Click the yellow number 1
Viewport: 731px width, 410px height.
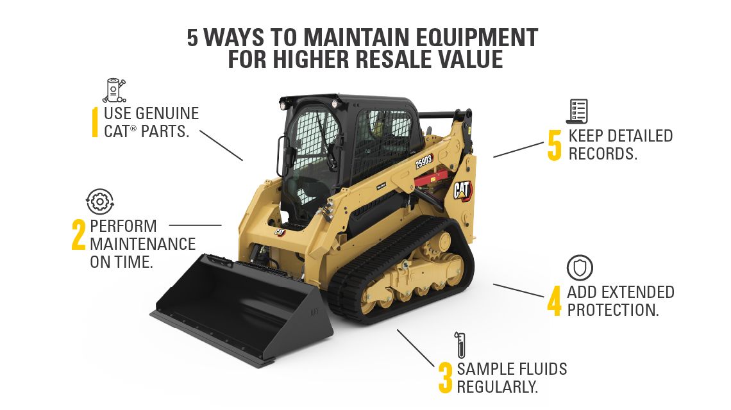(x=95, y=122)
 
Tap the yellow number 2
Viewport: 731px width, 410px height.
(x=78, y=234)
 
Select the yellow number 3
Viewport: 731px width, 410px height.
(x=445, y=378)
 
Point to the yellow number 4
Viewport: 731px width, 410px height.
(x=554, y=301)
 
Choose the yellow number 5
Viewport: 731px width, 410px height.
(x=555, y=145)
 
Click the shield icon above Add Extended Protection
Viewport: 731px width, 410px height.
(x=580, y=268)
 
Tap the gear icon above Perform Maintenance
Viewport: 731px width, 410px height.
(x=99, y=202)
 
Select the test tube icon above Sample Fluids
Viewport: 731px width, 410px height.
(x=459, y=345)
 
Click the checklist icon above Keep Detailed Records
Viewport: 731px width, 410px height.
(x=576, y=111)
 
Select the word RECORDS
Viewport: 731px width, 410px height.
(x=603, y=154)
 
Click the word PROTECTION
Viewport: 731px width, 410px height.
(x=613, y=310)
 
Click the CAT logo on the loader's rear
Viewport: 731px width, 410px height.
(x=462, y=190)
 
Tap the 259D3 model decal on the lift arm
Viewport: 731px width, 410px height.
(x=424, y=161)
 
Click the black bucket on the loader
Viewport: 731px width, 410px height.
(x=244, y=307)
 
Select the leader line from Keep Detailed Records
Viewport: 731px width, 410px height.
(x=518, y=149)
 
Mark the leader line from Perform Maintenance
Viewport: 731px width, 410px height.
(x=195, y=225)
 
